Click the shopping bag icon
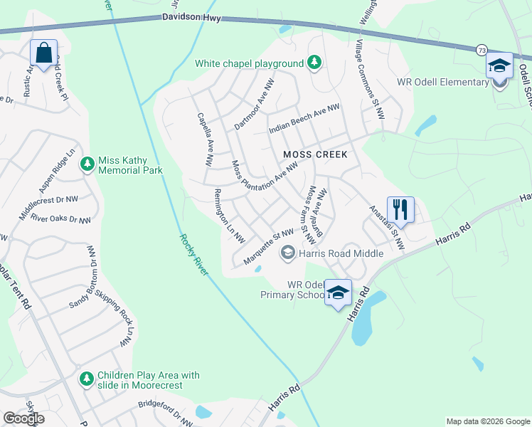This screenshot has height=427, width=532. pyautogui.click(x=43, y=53)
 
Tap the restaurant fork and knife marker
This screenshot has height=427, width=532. pyautogui.click(x=400, y=209)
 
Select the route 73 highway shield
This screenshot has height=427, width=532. pyautogui.click(x=482, y=50)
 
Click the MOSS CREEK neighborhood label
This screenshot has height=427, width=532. pyautogui.click(x=315, y=154)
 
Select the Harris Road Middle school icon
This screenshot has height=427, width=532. pyautogui.click(x=288, y=252)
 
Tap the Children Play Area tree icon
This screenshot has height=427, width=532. pyautogui.click(x=87, y=379)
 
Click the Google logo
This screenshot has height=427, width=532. pyautogui.click(x=23, y=418)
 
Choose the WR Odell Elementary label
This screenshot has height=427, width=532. pyautogui.click(x=442, y=82)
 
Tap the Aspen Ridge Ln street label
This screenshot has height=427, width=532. pyautogui.click(x=58, y=173)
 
